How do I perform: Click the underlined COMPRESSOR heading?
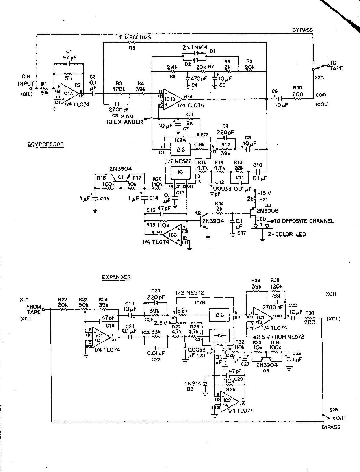point(45,144)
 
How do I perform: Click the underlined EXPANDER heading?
point(116,277)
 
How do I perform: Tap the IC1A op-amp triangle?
point(69,94)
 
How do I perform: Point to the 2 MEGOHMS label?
point(135,37)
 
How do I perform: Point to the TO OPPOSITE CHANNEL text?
point(304,221)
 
